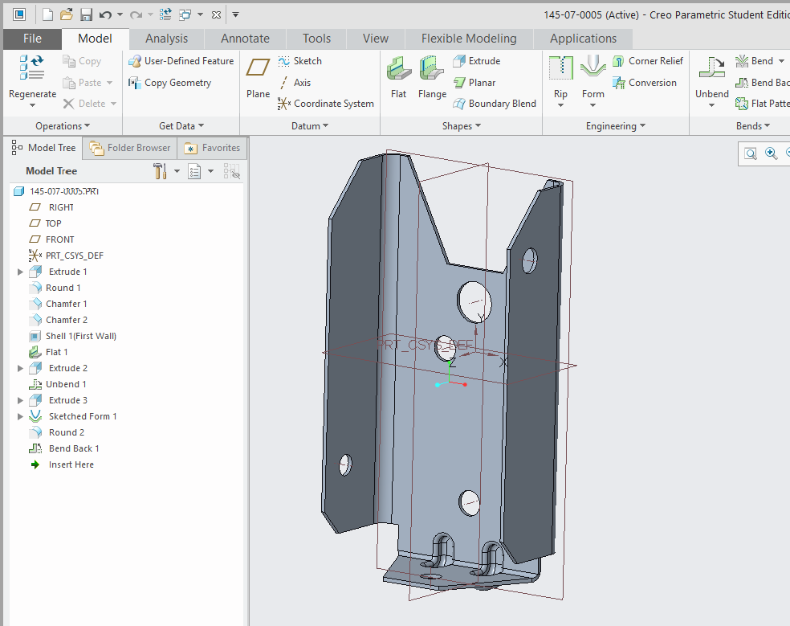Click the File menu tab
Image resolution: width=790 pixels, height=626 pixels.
point(32,39)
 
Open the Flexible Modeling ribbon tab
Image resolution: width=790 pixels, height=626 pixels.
point(469,39)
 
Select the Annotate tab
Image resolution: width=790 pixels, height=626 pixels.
point(245,39)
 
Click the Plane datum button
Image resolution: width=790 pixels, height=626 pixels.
point(258,77)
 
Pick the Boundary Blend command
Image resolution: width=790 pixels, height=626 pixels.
point(495,104)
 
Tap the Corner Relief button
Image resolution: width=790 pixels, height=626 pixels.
point(648,61)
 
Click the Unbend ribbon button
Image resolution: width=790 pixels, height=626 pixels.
point(711,77)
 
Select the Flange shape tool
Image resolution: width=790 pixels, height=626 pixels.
point(432,77)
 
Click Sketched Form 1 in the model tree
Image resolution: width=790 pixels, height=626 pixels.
point(82,416)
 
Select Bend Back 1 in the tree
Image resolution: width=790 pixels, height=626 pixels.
point(74,448)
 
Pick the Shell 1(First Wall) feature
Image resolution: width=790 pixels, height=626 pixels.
point(80,336)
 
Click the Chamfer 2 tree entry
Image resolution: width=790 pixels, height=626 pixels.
point(67,320)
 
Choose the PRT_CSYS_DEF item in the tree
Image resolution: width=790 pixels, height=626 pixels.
point(74,256)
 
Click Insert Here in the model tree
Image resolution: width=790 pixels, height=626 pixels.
point(71,464)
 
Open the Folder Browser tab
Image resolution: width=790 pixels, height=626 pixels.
point(131,148)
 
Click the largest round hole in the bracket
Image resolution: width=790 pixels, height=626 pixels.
point(474,301)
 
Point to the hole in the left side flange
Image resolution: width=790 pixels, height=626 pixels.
point(346,464)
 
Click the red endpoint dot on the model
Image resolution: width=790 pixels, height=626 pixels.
point(465,384)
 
